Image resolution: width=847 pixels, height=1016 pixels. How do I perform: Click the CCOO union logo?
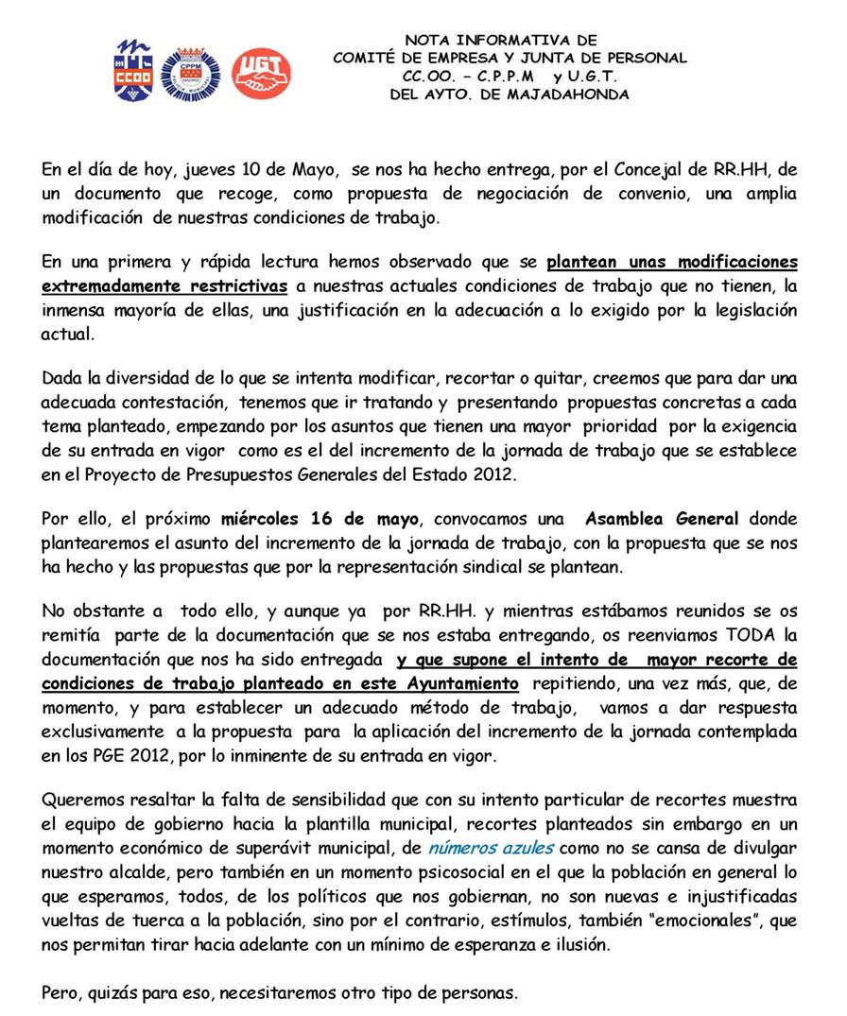pyautogui.click(x=132, y=70)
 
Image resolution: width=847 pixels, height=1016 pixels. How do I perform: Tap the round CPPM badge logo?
pyautogui.click(x=190, y=74)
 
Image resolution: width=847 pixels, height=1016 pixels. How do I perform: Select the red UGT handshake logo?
pyautogui.click(x=261, y=74)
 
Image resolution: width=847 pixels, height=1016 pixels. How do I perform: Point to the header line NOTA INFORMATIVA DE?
pyautogui.click(x=501, y=40)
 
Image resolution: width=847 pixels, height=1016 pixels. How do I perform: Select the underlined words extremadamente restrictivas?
pyautogui.click(x=164, y=285)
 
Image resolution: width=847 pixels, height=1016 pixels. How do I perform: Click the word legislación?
pyautogui.click(x=746, y=310)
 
